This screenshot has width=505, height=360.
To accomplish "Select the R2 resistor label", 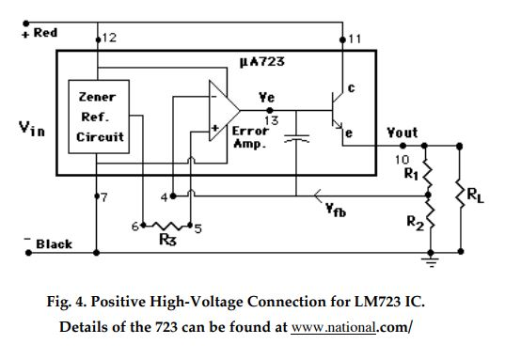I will (x=411, y=222).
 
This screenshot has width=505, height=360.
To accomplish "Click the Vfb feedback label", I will (x=333, y=211).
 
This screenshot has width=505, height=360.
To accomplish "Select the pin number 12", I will (x=109, y=38).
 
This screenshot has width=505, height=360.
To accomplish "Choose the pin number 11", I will (x=354, y=38).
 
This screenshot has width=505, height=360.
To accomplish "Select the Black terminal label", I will (x=54, y=244).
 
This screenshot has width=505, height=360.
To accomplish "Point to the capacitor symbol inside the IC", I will (x=297, y=139).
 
